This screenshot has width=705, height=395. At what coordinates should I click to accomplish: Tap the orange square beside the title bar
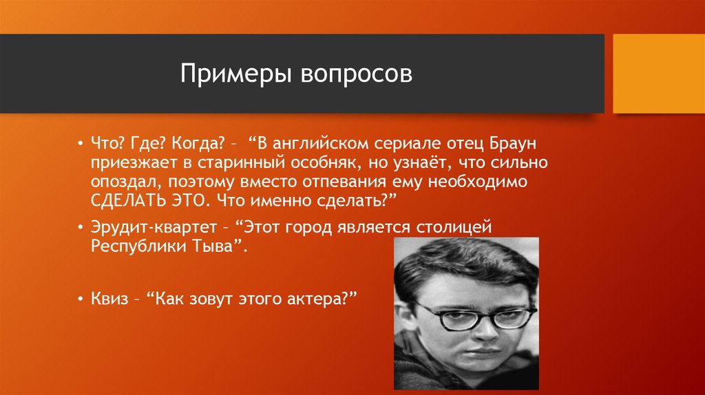[659, 74]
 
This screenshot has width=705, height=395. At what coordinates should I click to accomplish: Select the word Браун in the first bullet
[513, 144]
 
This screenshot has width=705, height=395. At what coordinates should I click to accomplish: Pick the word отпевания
[344, 182]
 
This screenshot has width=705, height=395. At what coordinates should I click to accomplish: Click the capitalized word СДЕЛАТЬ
[128, 201]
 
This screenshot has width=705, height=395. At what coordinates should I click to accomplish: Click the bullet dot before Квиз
[80, 299]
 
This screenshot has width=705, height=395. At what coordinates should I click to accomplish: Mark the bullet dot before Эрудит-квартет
[80, 228]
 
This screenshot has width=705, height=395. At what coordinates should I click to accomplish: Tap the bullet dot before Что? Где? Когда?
[80, 145]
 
